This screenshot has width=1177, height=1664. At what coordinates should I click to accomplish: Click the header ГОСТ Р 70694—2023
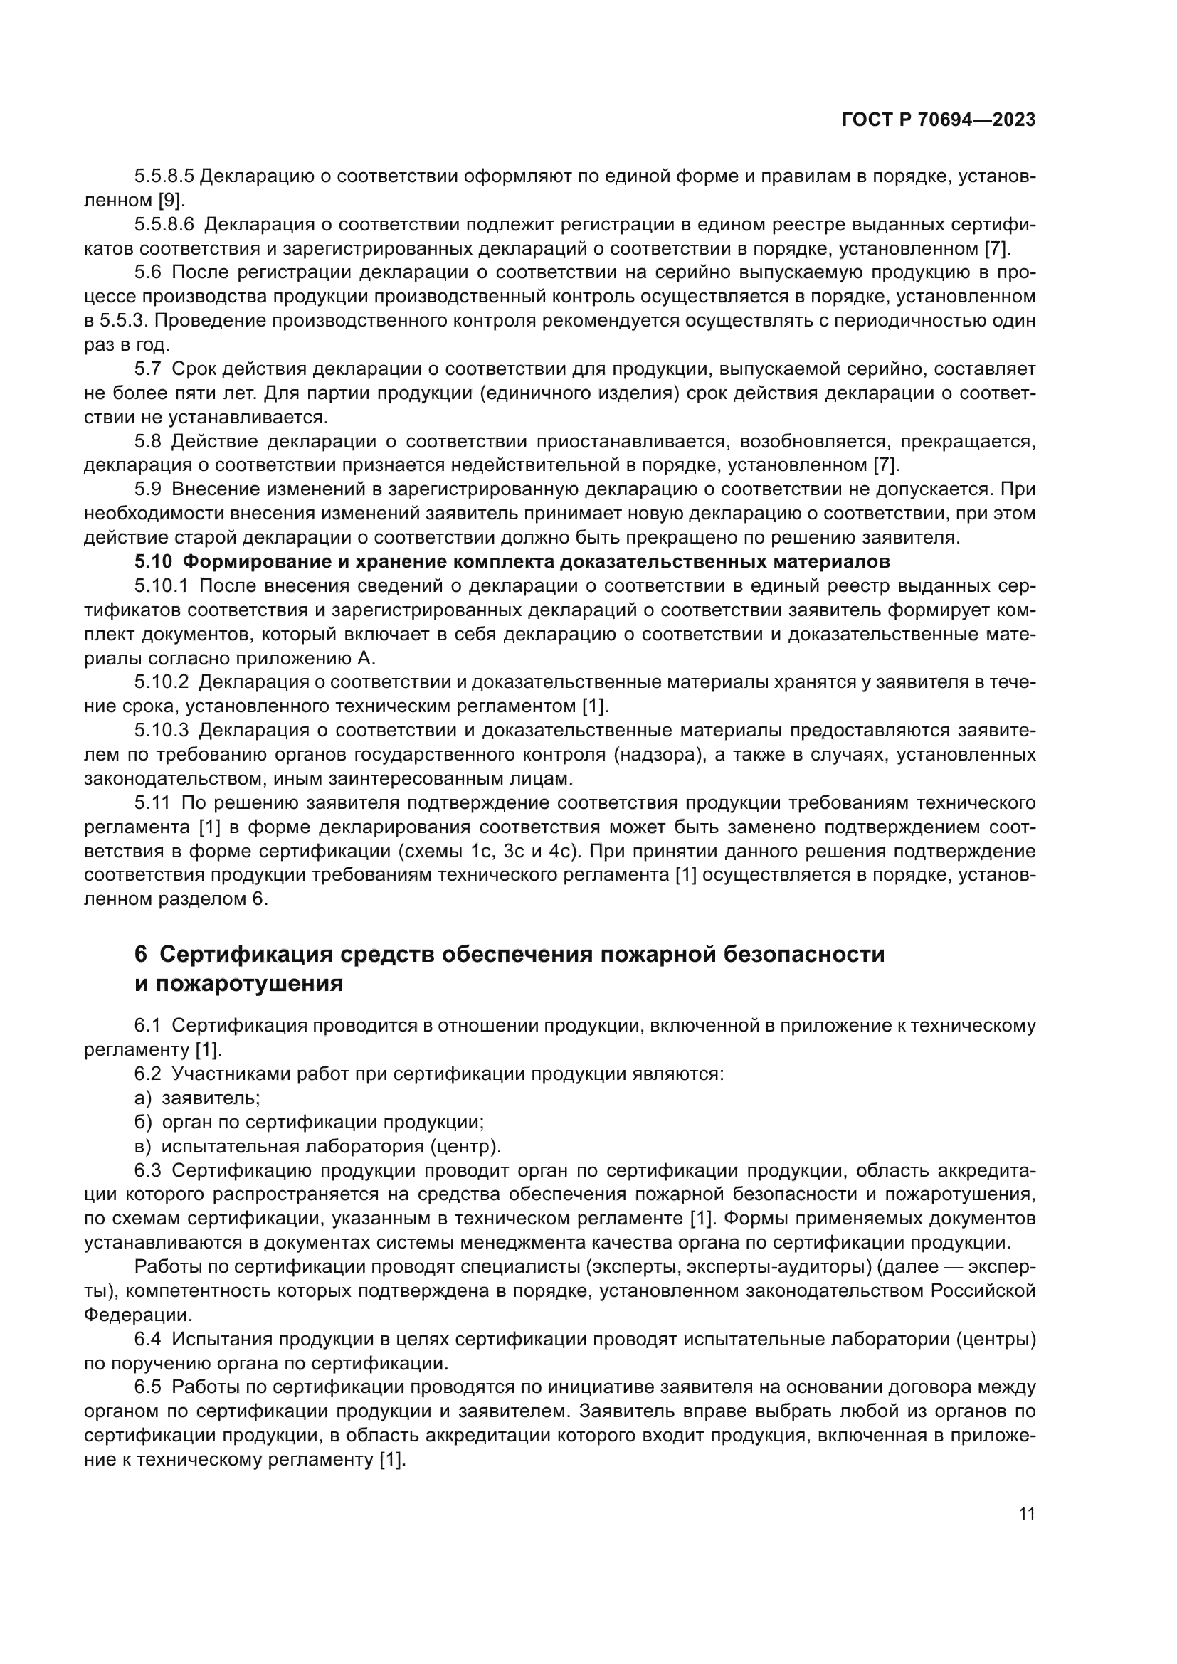[939, 120]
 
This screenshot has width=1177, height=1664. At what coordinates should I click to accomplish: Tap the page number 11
[1026, 1514]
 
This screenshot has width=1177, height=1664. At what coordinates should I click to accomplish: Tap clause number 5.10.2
[161, 682]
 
